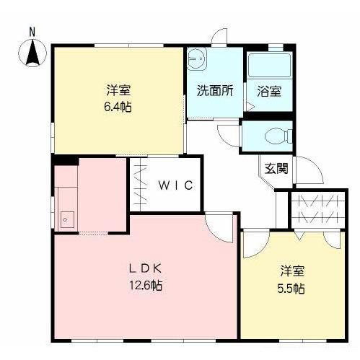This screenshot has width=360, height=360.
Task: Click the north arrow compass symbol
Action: tap(32, 53)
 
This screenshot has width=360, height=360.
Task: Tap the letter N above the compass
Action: tap(32, 31)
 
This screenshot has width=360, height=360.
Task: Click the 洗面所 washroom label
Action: tap(214, 92)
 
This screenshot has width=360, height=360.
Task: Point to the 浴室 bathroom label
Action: tap(269, 92)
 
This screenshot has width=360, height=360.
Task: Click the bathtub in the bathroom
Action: tap(268, 68)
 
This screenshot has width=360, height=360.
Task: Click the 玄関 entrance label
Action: tap(276, 170)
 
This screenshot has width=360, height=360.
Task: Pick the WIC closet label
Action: tap(175, 185)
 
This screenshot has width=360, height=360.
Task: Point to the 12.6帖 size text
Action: tap(146, 285)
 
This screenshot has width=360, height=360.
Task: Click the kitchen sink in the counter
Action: tap(66, 218)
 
